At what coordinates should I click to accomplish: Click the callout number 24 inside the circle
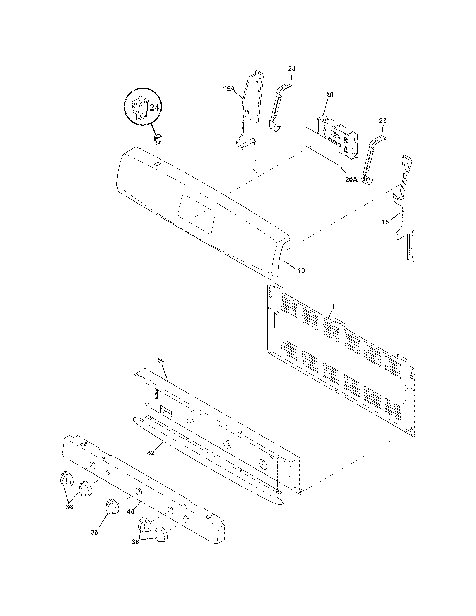154,108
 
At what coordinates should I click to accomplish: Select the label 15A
229,89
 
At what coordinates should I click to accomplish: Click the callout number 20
330,95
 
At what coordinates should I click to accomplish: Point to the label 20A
351,179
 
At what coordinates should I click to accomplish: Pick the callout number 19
301,271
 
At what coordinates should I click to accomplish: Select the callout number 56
161,360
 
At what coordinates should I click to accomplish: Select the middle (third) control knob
112,506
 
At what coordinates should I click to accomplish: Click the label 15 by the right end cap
385,222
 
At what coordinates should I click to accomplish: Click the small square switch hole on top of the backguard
157,164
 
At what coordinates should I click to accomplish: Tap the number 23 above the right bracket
383,121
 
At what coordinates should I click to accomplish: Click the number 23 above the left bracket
292,68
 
